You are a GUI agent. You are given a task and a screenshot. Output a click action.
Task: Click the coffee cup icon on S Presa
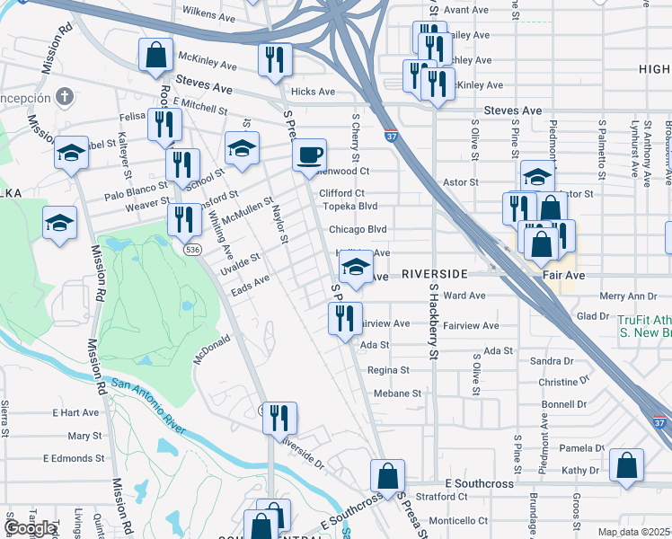(x=309, y=155)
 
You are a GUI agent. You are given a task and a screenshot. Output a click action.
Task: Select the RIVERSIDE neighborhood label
(x=434, y=273)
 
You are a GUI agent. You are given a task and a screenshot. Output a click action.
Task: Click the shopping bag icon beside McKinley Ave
(x=156, y=54)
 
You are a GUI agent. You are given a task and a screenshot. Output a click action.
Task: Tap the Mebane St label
(x=397, y=393)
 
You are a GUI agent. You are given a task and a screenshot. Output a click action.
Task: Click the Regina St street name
(x=387, y=369)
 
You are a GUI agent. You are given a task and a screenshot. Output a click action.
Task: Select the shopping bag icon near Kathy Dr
(x=626, y=465)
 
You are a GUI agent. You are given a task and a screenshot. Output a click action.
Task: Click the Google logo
(x=31, y=528)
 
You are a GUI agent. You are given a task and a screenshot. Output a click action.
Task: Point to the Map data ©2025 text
(x=633, y=532)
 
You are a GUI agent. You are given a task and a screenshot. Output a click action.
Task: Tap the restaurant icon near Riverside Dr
(x=279, y=418)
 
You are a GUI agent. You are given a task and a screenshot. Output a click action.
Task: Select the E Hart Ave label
(x=75, y=412)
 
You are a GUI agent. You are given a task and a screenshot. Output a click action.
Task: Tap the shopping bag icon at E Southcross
(x=387, y=475)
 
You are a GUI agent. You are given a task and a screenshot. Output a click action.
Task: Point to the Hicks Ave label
(x=313, y=92)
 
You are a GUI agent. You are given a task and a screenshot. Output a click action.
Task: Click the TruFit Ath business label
(x=643, y=319)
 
